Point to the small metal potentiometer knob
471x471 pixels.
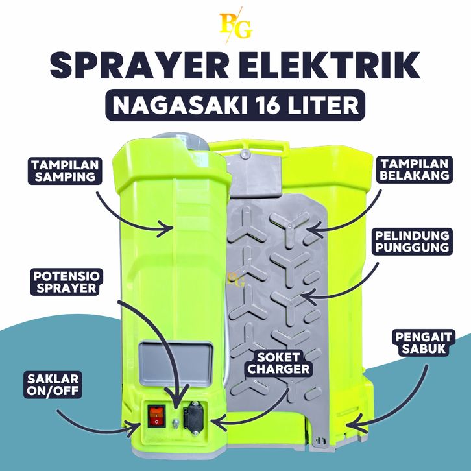(x=176, y=422)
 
